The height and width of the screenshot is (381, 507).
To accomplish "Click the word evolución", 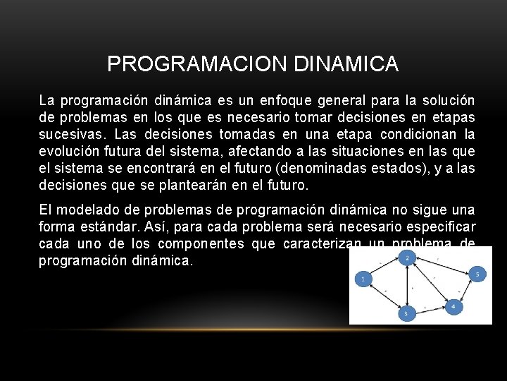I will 68,152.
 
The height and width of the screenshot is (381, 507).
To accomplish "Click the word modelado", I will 87,210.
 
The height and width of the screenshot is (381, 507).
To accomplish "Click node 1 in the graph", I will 363,279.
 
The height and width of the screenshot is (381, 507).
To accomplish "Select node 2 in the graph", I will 406,258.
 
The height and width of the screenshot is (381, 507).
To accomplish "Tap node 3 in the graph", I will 406,313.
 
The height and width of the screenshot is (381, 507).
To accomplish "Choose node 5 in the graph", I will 477,273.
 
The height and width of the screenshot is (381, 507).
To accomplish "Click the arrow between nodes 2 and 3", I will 406,286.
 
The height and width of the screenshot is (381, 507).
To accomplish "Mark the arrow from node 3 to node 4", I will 430,310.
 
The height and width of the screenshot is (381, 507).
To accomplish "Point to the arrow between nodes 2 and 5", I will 442,265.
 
